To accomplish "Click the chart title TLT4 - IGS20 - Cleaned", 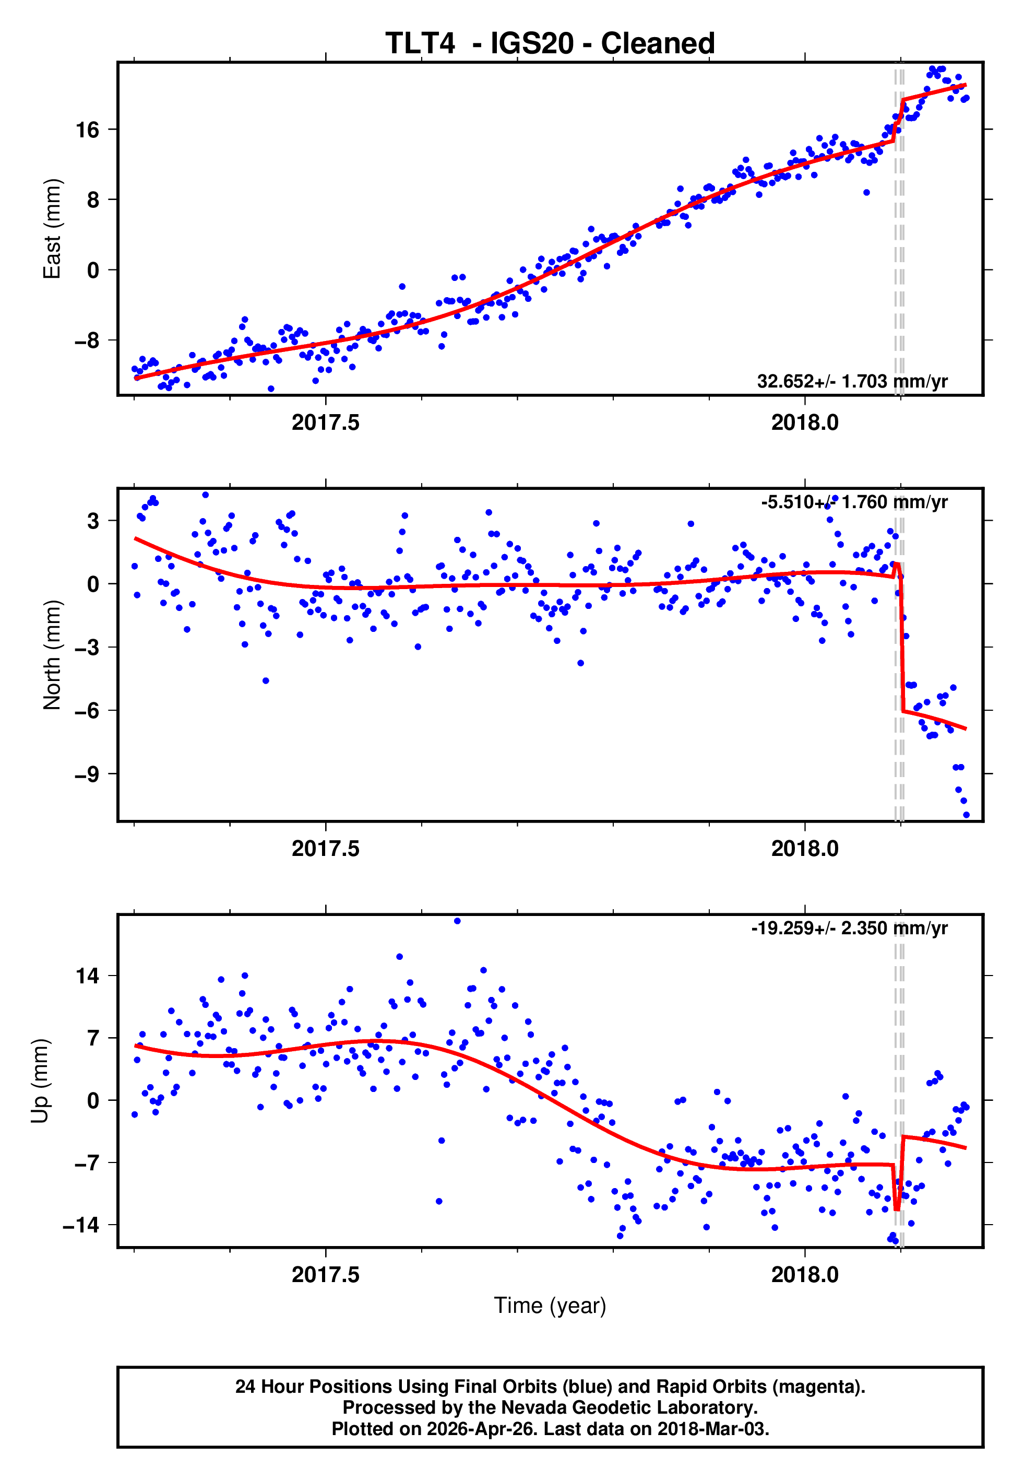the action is coord(550,43).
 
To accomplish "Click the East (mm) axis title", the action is coord(51,229).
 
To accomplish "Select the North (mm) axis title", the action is coord(51,655).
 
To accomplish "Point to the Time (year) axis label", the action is coord(550,1306).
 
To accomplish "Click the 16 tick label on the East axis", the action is coord(87,130).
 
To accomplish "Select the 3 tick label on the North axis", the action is coord(93,521).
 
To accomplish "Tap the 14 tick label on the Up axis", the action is coord(87,976).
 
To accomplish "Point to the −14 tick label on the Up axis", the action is coord(81,1225).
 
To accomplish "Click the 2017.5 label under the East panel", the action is coord(325,422).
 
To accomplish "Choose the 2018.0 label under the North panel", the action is coord(805,849).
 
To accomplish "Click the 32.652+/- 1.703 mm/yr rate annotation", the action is coord(852,381).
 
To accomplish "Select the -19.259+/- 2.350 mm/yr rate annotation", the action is coord(850,928).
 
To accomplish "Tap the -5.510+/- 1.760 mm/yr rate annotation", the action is coord(854,502).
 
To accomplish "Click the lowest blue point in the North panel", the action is coord(966,815).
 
